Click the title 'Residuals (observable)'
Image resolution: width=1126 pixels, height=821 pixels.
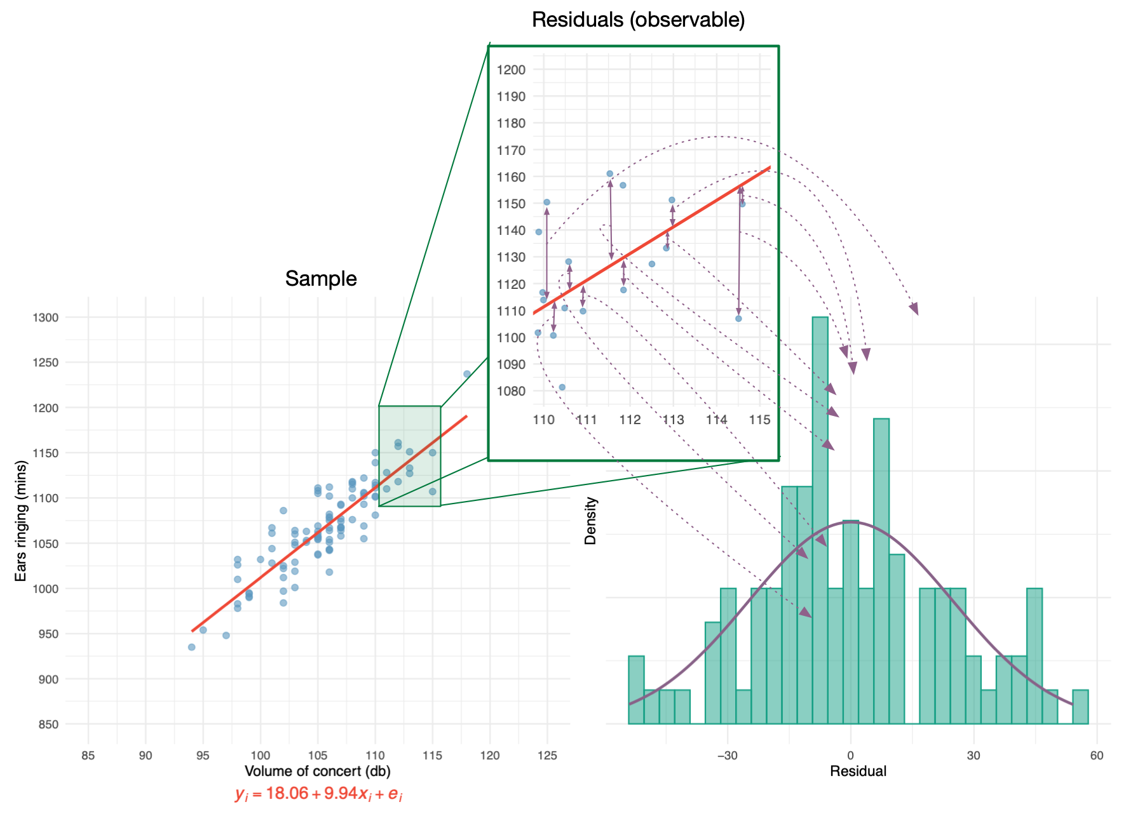tap(638, 20)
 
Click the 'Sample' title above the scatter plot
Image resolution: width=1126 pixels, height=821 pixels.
tap(321, 279)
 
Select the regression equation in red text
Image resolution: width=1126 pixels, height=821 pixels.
tap(318, 794)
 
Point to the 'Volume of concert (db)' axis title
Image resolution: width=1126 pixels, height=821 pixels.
tap(318, 771)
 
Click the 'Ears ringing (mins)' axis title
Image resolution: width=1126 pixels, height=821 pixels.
tap(21, 521)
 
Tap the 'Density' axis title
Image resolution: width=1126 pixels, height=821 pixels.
tap(591, 521)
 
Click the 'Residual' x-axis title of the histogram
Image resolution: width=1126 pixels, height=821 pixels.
tap(858, 771)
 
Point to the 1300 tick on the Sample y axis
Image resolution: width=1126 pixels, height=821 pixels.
tap(46, 317)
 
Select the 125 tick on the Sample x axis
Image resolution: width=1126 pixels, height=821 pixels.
tap(547, 756)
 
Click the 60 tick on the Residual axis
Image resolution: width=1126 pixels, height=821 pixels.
tap(1097, 756)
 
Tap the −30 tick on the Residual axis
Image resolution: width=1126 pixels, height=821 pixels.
tap(728, 756)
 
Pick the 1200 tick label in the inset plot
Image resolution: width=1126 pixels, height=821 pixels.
tap(512, 70)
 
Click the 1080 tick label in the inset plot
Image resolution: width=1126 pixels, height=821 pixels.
tap(512, 391)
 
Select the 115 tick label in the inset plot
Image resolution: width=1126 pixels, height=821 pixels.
tap(760, 420)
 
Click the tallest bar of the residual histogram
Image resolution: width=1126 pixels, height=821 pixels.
tap(820, 521)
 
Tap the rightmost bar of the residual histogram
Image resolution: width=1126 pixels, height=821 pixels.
tap(1080, 707)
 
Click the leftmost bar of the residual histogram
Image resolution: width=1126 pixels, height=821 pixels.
tap(636, 690)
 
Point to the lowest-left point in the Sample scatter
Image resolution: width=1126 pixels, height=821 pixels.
tap(191, 647)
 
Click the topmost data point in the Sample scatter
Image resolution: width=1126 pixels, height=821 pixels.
tap(466, 374)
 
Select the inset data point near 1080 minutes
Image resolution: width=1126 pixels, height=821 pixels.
tap(562, 387)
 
